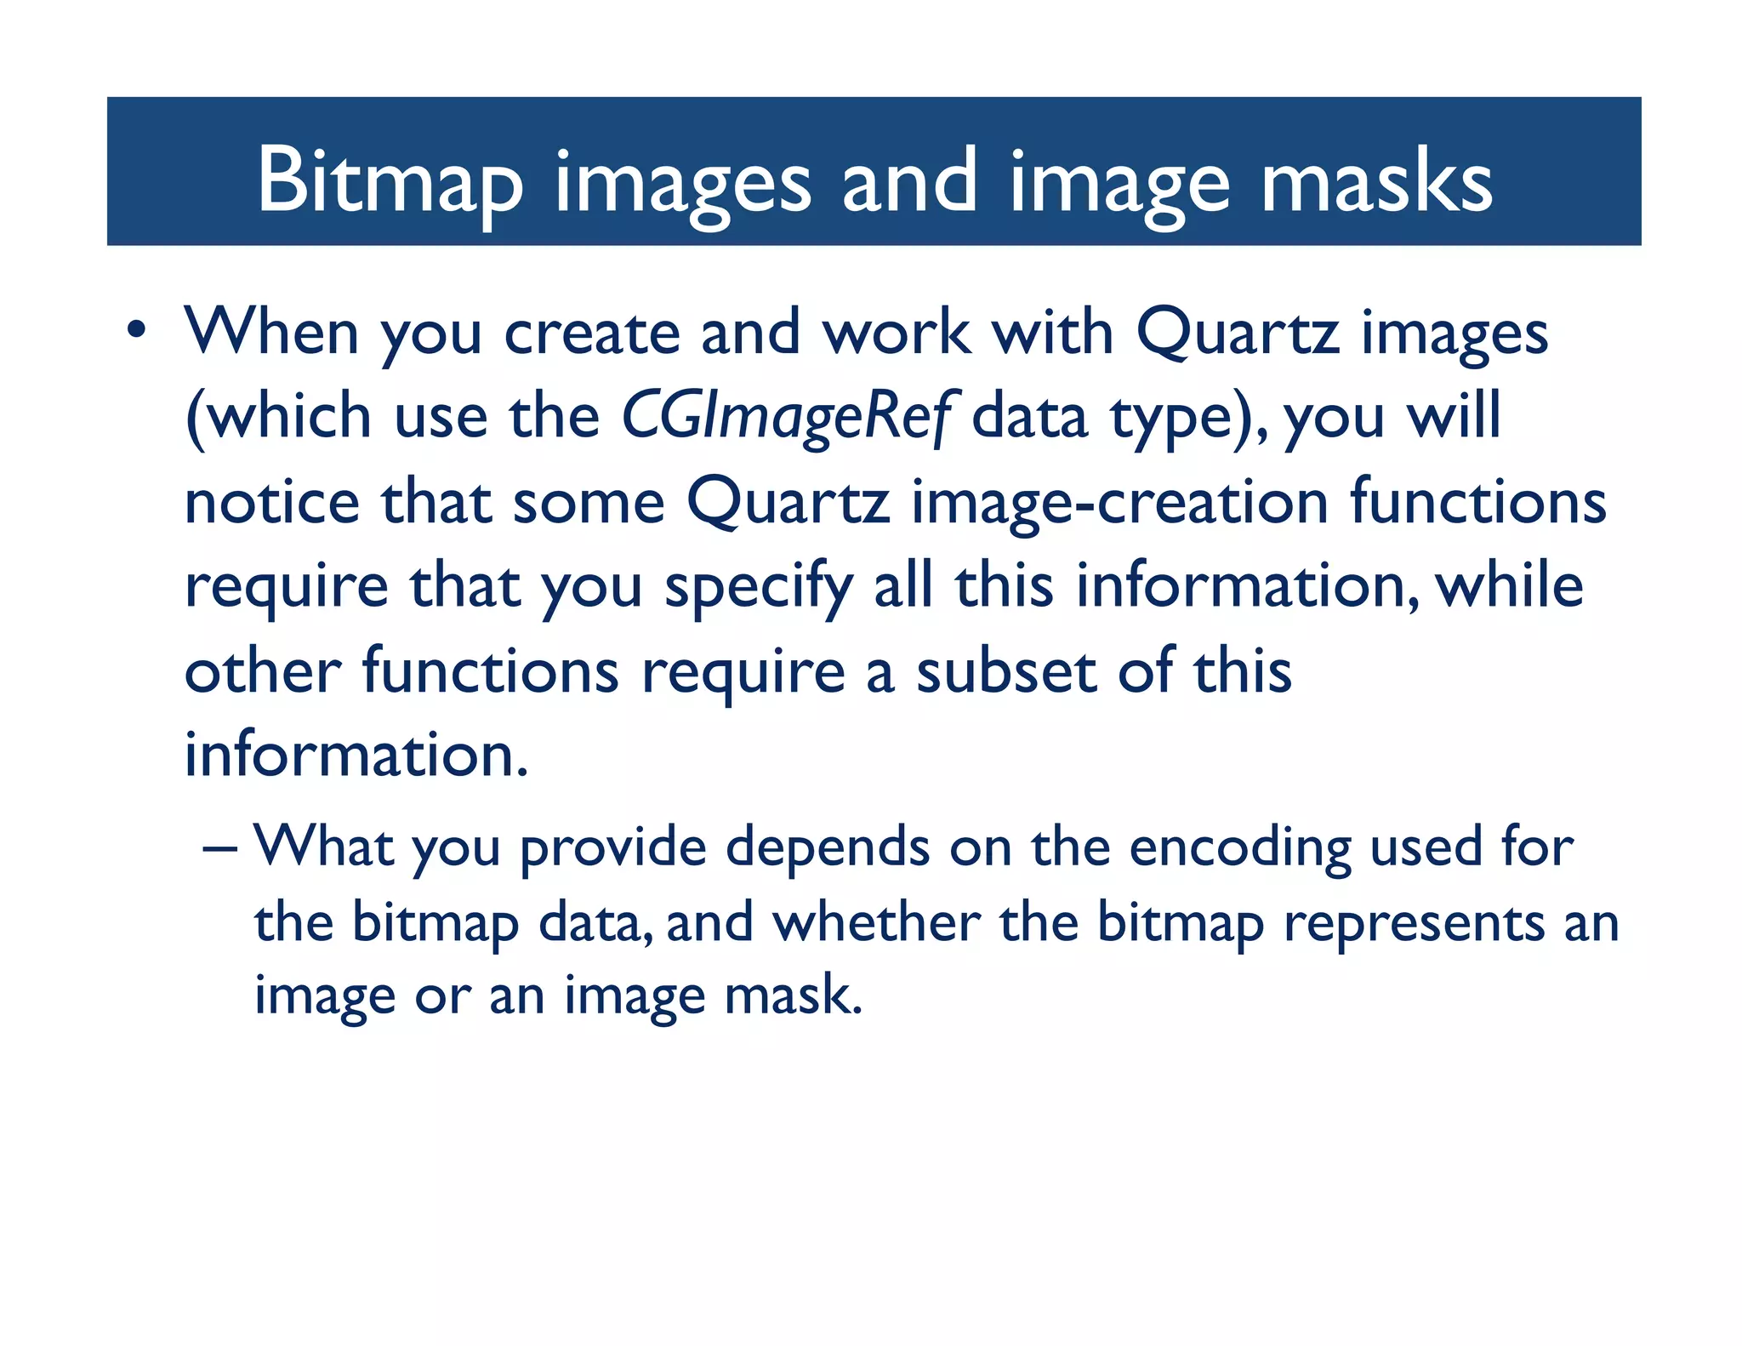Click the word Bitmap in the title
click(x=389, y=180)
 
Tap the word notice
click(x=272, y=502)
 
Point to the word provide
click(x=613, y=848)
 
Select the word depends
click(x=828, y=848)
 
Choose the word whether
click(x=876, y=922)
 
